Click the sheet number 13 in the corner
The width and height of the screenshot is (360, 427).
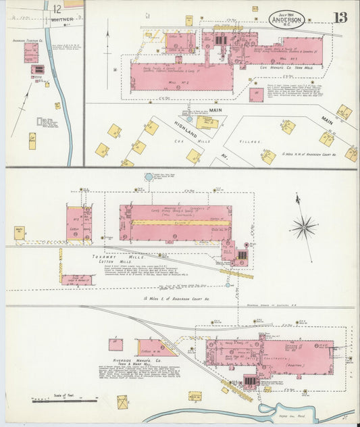[x=340, y=17]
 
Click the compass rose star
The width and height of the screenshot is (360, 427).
[x=304, y=226]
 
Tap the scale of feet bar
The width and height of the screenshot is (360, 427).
[x=64, y=401]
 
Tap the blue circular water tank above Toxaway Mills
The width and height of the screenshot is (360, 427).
[x=149, y=177]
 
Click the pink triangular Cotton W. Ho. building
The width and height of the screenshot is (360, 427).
[x=157, y=348]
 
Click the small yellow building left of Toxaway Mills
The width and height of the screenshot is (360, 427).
[x=20, y=232]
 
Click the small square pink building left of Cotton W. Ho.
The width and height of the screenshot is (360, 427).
[x=116, y=345]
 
